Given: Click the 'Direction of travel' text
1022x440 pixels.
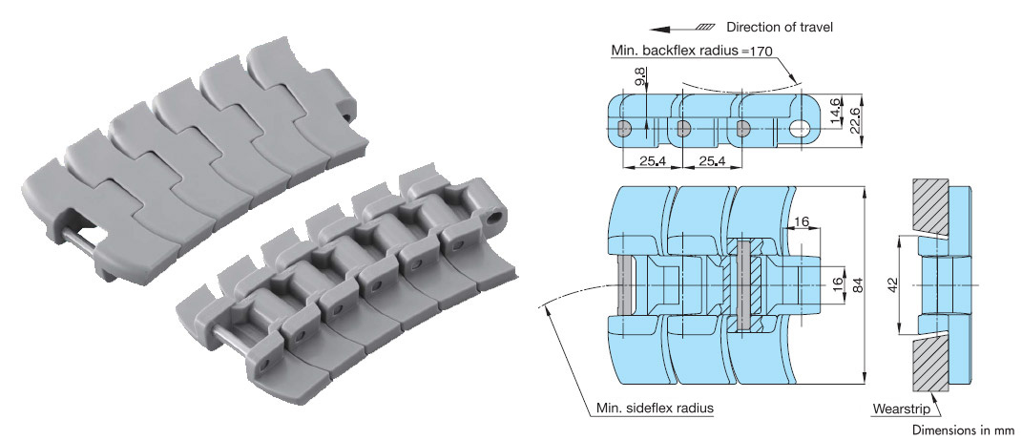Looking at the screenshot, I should (780, 27).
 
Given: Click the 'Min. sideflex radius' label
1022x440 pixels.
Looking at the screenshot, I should (655, 409).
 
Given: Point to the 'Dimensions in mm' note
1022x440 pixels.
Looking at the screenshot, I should (964, 429).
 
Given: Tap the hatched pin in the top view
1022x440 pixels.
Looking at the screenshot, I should (745, 284).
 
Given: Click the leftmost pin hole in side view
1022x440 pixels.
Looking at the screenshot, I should (622, 128).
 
